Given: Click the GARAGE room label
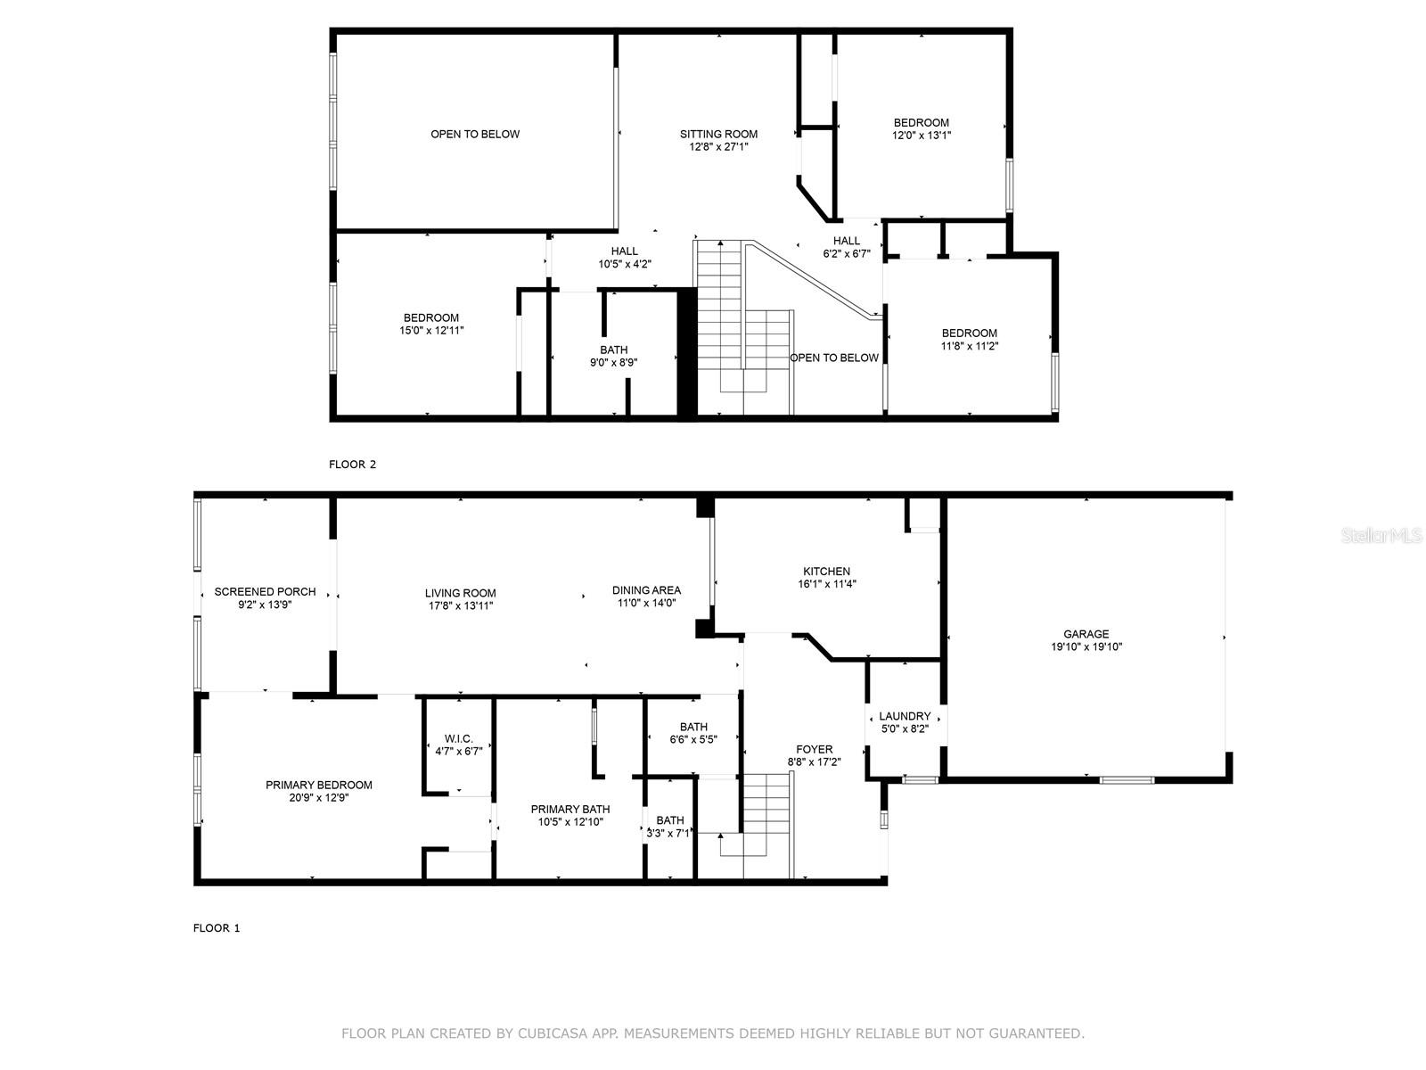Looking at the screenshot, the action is [x=1086, y=634].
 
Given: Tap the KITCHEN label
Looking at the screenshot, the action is [x=826, y=571].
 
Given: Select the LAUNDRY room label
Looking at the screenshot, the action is [x=905, y=716].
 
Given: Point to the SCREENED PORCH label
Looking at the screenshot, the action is [x=265, y=592].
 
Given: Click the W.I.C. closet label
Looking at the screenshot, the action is [x=459, y=738].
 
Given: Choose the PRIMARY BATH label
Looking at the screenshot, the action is [x=570, y=809].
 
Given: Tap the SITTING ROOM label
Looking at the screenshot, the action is [x=718, y=134].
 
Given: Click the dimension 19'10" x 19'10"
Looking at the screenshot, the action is [x=1086, y=646].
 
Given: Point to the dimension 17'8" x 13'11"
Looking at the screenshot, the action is [x=460, y=605].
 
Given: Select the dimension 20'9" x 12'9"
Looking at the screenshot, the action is [x=319, y=797].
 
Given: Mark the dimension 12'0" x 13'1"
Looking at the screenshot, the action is [x=922, y=136].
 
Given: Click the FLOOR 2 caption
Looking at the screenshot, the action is [x=352, y=464].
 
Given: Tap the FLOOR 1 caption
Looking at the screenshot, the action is [x=217, y=927].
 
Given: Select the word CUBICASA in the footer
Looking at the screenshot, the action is [x=547, y=1033].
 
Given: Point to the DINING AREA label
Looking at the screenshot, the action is [x=646, y=590].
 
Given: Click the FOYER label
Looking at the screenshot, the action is [x=814, y=749].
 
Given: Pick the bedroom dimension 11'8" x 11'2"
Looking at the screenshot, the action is [x=970, y=346].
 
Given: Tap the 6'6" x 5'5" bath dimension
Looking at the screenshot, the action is [x=693, y=738].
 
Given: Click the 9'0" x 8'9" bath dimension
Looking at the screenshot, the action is [x=613, y=362].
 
